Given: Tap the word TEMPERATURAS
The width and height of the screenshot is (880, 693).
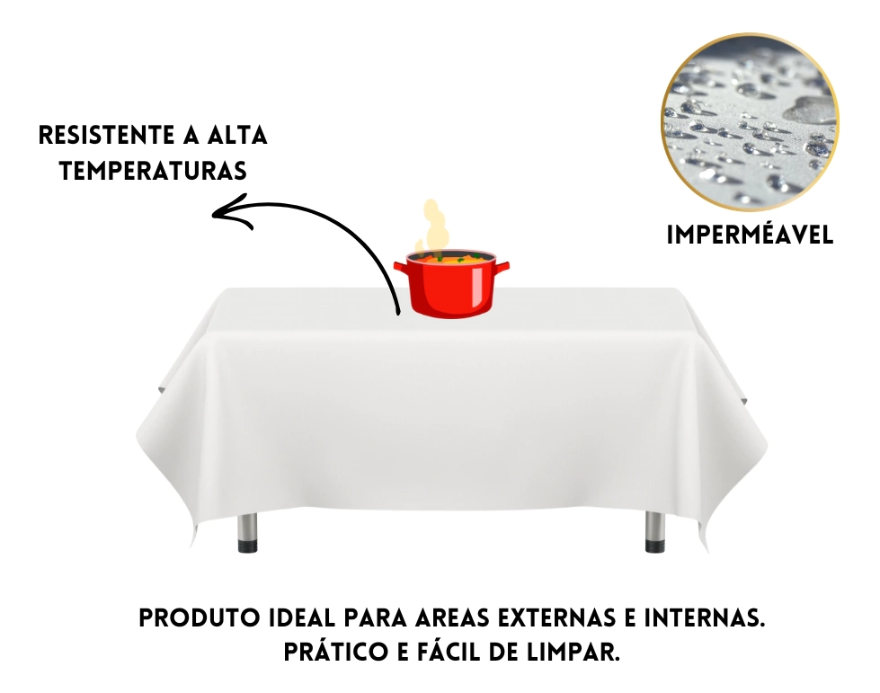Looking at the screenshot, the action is click(x=153, y=171).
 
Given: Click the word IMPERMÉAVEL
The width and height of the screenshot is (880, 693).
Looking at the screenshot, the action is click(x=750, y=235).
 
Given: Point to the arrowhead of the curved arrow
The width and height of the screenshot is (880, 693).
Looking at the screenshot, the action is click(x=230, y=211).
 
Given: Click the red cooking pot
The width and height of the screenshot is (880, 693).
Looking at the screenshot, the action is click(x=451, y=283).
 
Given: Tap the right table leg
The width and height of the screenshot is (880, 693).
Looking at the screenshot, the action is click(x=654, y=531).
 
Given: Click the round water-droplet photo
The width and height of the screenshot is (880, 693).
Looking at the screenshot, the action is click(x=750, y=123).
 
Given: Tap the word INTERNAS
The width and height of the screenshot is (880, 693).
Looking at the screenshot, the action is click(x=705, y=618).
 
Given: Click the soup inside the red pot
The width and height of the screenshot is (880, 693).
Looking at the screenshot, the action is click(x=451, y=259).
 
